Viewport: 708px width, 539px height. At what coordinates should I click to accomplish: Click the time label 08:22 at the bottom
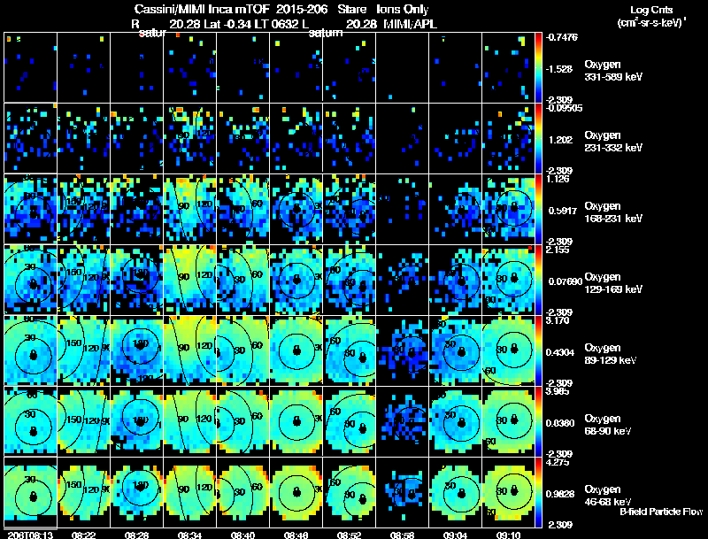pos(83,535)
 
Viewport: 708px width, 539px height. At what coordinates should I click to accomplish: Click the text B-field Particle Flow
pos(660,512)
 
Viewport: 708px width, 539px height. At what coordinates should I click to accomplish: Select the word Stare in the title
pos(351,10)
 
